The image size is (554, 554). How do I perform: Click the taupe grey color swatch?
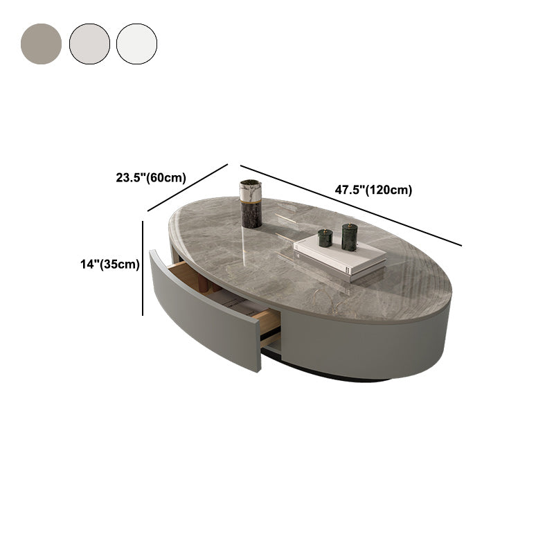click(x=41, y=44)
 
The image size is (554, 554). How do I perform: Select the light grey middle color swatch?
click(x=89, y=44)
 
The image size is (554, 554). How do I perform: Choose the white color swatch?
click(x=136, y=44)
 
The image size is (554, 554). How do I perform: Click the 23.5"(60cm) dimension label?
click(x=150, y=177)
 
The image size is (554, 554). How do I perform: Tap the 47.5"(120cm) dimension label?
click(x=373, y=190)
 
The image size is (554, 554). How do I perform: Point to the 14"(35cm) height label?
click(x=110, y=263)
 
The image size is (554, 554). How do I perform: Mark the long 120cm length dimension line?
click(x=350, y=205)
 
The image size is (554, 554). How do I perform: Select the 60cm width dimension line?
click(x=188, y=187)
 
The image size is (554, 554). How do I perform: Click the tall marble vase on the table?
click(x=251, y=204)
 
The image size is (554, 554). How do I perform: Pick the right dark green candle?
click(x=349, y=237)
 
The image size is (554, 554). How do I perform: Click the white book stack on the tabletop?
click(x=339, y=256)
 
